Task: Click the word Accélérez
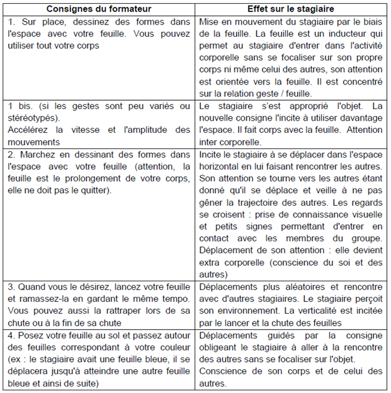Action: (27, 130)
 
